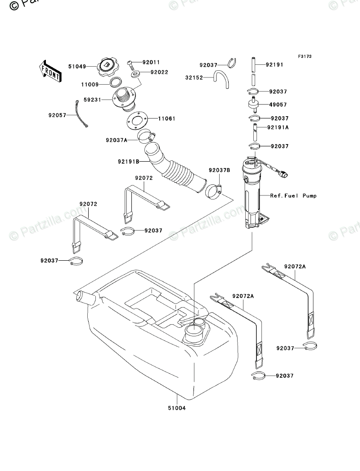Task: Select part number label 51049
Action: (77, 66)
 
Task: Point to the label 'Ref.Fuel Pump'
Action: (293, 196)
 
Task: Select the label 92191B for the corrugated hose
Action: (128, 161)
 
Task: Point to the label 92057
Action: (57, 115)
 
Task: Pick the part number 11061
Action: (166, 119)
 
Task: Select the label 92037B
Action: (219, 170)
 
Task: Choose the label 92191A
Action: (278, 127)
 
